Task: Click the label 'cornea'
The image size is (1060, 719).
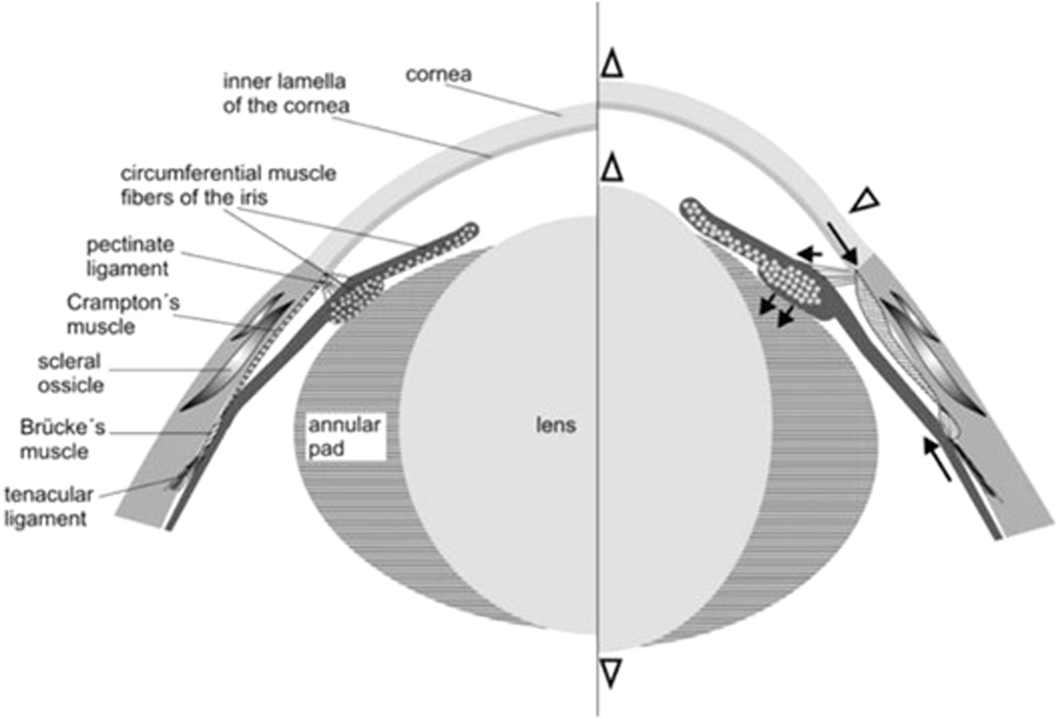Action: (438, 75)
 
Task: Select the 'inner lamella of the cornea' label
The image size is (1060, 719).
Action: (285, 93)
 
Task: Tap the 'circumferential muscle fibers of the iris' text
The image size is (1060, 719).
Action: (228, 185)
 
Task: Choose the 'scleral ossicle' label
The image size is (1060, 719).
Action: (70, 373)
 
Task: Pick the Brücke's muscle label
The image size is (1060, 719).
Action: (62, 440)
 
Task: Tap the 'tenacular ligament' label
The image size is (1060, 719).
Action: (48, 506)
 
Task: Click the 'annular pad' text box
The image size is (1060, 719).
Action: (344, 437)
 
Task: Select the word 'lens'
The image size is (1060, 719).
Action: (556, 425)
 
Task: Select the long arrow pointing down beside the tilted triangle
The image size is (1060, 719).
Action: (842, 244)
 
